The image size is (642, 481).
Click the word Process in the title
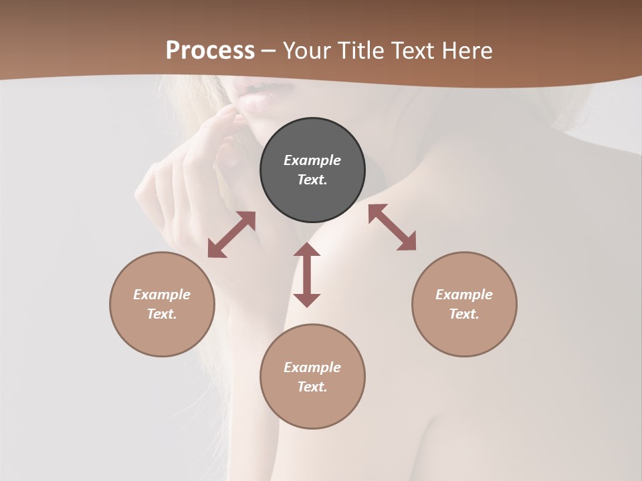pyautogui.click(x=210, y=51)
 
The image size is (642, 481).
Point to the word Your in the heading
pyautogui.click(x=307, y=51)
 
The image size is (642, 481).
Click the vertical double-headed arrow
pyautogui.click(x=307, y=275)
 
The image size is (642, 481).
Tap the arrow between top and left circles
pyautogui.click(x=231, y=234)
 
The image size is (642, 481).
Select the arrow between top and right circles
pyautogui.click(x=393, y=228)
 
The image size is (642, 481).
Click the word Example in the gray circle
pyautogui.click(x=312, y=160)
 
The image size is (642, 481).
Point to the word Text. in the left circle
pyautogui.click(x=162, y=314)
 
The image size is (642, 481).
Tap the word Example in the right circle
pyautogui.click(x=464, y=295)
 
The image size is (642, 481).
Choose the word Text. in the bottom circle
pyautogui.click(x=312, y=387)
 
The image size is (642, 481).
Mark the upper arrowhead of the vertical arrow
pyautogui.click(x=307, y=251)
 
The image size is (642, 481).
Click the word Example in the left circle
pyautogui.click(x=162, y=295)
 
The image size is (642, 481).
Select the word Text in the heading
pyautogui.click(x=411, y=51)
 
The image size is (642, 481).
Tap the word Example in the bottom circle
pyautogui.click(x=312, y=367)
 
